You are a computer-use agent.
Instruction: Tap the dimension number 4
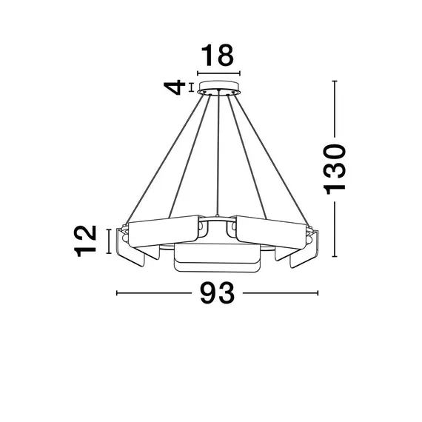175,87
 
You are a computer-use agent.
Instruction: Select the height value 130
335,169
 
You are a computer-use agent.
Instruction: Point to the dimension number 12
87,241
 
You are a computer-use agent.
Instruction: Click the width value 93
217,294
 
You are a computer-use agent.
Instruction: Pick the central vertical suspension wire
218,155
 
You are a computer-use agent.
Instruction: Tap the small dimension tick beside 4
192,87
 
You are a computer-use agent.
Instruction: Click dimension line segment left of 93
152,294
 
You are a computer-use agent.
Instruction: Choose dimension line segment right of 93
281,294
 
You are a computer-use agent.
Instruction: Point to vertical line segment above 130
335,108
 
